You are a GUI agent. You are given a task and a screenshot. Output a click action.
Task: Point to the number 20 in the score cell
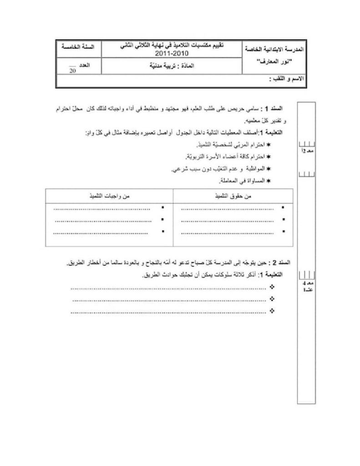(72, 71)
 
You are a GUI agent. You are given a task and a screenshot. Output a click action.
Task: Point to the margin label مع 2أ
(306, 151)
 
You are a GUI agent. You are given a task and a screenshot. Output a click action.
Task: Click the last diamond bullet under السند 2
(272, 311)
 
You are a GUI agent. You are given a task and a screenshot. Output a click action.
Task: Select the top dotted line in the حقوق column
(227, 210)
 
